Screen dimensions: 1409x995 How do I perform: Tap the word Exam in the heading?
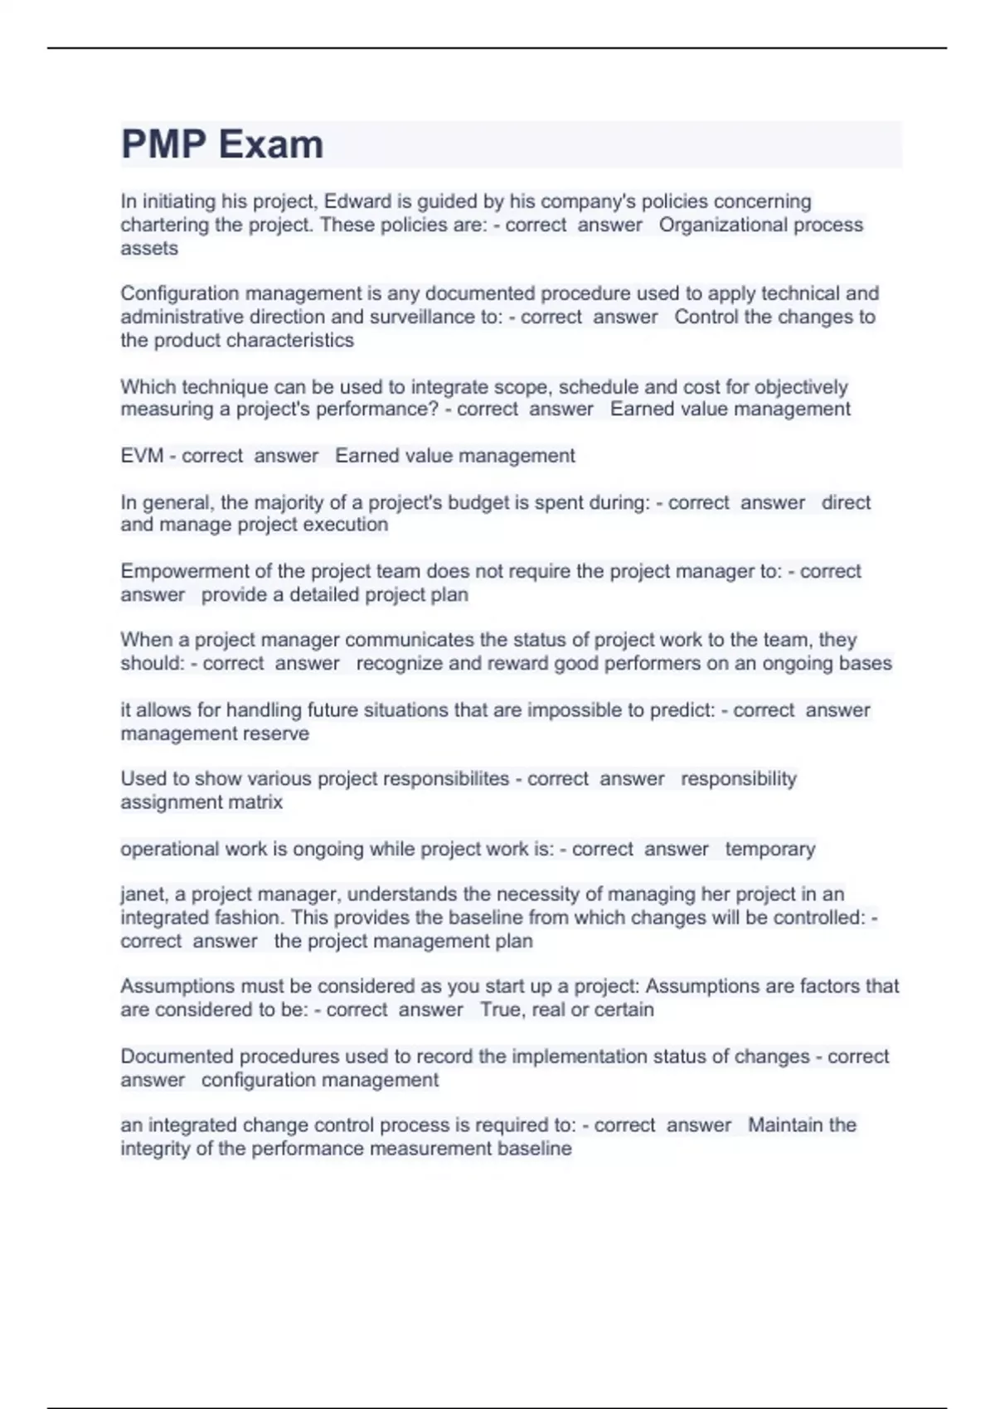point(271,144)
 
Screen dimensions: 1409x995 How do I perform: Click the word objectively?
point(801,387)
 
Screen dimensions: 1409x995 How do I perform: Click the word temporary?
point(770,849)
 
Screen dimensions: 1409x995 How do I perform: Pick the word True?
point(500,1010)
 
